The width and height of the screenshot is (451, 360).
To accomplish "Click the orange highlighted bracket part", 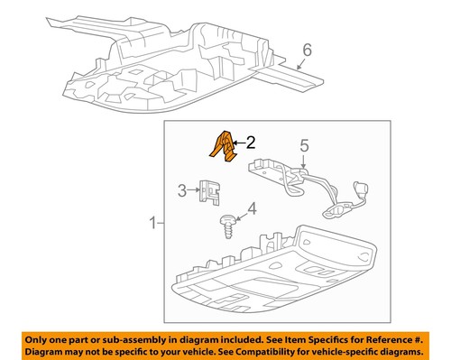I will [x=222, y=147].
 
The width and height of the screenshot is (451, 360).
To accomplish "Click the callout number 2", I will [x=250, y=141].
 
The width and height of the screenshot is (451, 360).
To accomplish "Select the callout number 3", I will [x=182, y=190].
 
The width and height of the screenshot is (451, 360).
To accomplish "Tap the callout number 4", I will [x=252, y=210].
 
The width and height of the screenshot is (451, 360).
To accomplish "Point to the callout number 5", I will [x=304, y=143].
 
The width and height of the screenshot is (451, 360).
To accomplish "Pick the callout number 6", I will [x=307, y=52].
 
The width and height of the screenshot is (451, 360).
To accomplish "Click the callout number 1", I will [x=151, y=221].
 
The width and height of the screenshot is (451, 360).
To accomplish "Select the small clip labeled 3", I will [x=208, y=191].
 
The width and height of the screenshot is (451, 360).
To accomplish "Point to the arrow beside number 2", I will [x=239, y=141].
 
